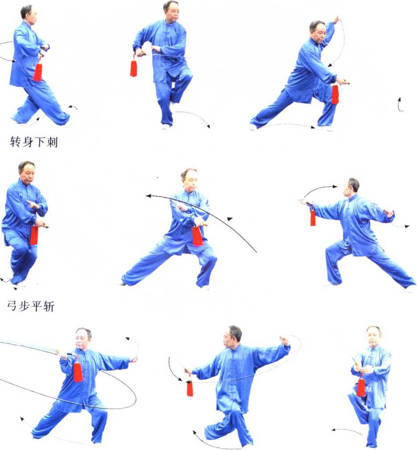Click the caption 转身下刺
pyautogui.click(x=34, y=142)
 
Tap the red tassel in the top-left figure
pyautogui.click(x=37, y=72)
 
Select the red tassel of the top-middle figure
pyautogui.click(x=134, y=68)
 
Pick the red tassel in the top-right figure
pyautogui.click(x=335, y=94)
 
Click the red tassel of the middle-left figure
pyautogui.click(x=34, y=235)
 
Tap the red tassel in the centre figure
pyautogui.click(x=197, y=236)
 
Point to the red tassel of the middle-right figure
pyautogui.click(x=313, y=217)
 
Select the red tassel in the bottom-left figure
pyautogui.click(x=78, y=372)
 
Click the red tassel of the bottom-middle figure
pyautogui.click(x=189, y=388)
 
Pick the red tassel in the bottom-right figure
pyautogui.click(x=361, y=387)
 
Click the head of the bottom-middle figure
pyautogui.click(x=232, y=336)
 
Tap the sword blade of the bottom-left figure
pyautogui.click(x=29, y=345)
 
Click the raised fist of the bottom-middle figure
pyautogui.click(x=285, y=340)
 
